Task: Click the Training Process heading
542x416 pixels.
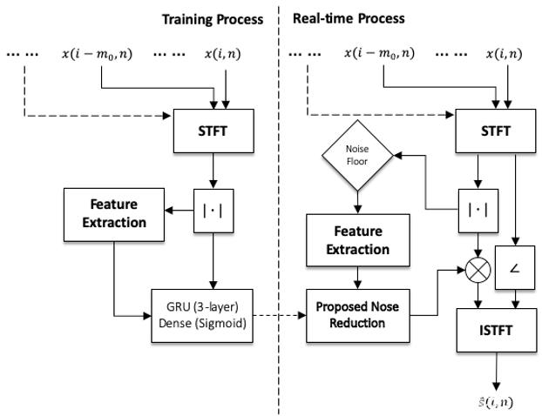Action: tap(213, 19)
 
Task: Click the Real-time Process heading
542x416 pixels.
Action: tap(349, 18)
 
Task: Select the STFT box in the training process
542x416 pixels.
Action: tap(213, 131)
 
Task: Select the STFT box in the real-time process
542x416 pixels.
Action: tap(495, 131)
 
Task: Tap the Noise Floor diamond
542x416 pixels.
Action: tap(357, 155)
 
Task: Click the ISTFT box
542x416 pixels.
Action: tap(497, 331)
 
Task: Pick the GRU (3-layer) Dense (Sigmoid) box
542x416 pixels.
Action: tap(202, 316)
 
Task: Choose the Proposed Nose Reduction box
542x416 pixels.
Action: tap(358, 316)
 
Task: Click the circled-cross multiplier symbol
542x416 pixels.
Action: tap(478, 270)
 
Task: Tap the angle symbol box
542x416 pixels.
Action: tap(515, 267)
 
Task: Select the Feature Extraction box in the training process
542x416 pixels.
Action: tap(114, 214)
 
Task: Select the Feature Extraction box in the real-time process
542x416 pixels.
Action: tap(358, 240)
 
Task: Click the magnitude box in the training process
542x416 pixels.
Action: tap(213, 211)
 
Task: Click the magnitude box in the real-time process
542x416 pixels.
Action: tap(478, 211)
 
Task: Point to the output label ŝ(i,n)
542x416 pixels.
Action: tap(496, 403)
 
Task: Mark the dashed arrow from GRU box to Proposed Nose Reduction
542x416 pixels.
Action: tap(280, 315)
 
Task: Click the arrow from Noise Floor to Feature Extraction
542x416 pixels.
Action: tap(358, 202)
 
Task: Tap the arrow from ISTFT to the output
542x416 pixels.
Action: tap(497, 372)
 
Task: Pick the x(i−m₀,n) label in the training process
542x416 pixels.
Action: tap(97, 54)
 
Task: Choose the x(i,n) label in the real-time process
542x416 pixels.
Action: tap(504, 54)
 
